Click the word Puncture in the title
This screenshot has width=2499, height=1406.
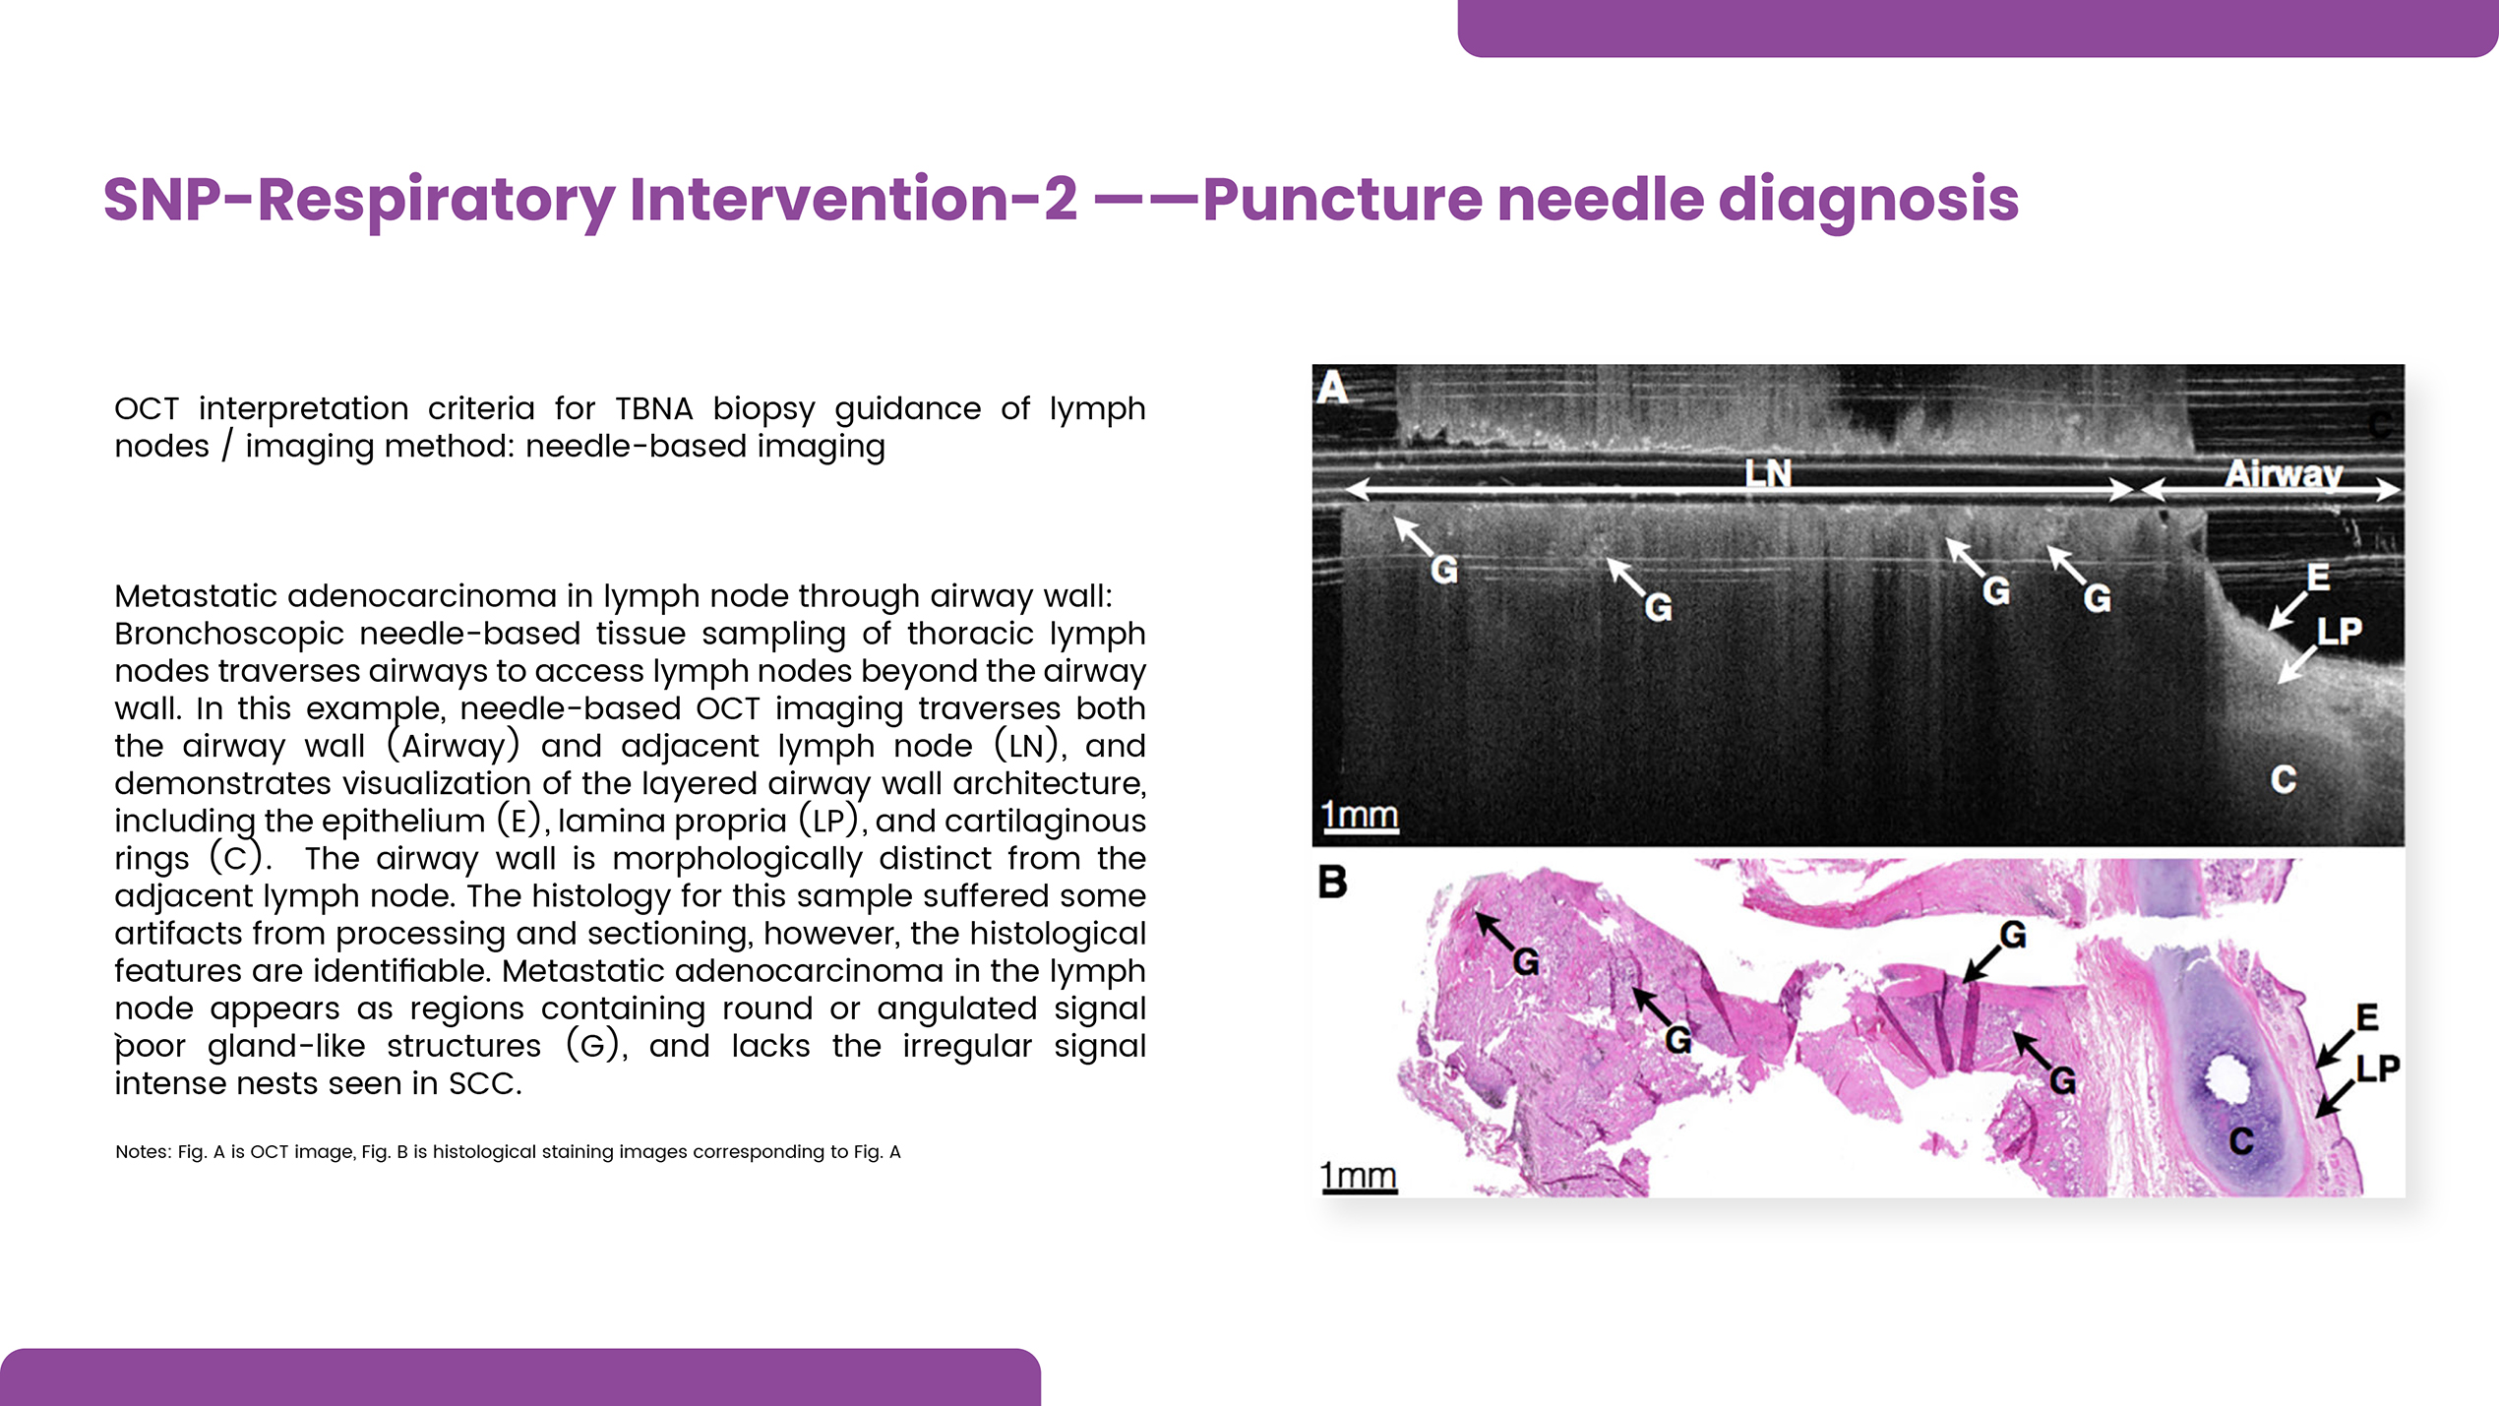coord(1342,200)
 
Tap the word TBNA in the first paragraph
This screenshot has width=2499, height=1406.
coord(653,408)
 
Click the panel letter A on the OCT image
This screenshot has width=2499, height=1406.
coord(1332,388)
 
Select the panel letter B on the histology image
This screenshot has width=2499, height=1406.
coord(1332,882)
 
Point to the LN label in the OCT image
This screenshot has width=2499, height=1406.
coord(1768,474)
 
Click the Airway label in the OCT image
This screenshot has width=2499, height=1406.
coord(2284,474)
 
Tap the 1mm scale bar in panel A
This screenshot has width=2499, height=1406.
coord(1360,817)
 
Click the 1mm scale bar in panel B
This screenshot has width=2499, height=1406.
coord(1359,1177)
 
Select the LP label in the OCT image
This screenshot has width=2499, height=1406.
coord(2339,631)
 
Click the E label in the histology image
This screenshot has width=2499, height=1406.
coord(2367,1017)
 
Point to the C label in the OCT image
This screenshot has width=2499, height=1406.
coord(2284,780)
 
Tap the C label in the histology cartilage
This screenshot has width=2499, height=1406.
coord(2241,1141)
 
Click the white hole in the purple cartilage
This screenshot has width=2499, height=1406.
coord(2227,1081)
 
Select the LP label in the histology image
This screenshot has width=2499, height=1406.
coord(2378,1069)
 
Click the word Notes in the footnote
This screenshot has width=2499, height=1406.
coord(143,1152)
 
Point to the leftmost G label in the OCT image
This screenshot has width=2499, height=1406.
coord(1443,570)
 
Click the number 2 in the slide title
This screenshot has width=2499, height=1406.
coord(1060,200)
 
